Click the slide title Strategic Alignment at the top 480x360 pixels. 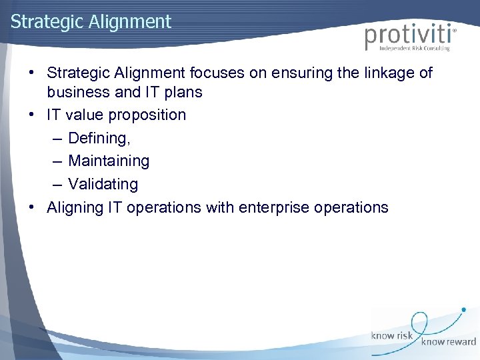pos(91,21)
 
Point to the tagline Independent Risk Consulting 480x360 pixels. pos(415,48)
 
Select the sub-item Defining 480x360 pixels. pos(99,138)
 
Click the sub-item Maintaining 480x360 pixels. pos(109,161)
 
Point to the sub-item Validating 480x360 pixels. pos(103,184)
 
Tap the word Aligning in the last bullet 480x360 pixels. pos(74,207)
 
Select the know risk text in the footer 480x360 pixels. pos(393,335)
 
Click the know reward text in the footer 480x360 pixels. pos(448,343)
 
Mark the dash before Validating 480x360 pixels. pos(55,184)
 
